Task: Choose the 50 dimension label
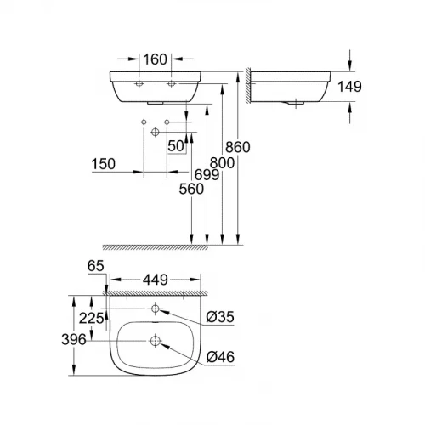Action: tap(177, 146)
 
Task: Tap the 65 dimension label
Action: tap(94, 267)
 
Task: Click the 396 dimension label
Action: tap(77, 340)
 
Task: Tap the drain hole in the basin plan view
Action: tap(156, 341)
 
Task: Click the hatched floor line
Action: tap(153, 245)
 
